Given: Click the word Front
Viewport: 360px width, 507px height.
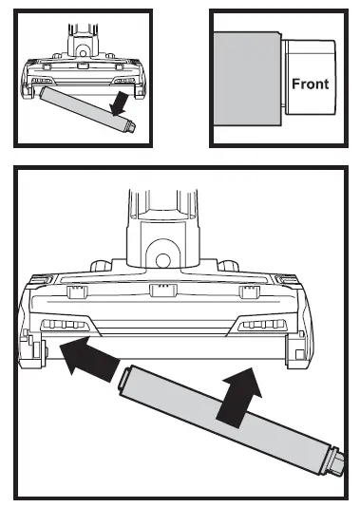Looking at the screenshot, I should click(x=310, y=84).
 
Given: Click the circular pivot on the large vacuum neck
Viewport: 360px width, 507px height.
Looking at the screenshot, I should click(x=162, y=260).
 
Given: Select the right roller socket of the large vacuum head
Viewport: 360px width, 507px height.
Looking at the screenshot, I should click(x=296, y=353).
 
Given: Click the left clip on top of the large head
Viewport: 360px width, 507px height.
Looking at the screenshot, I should click(x=76, y=291).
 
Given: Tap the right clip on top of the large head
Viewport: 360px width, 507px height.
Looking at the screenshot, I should click(x=249, y=291).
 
